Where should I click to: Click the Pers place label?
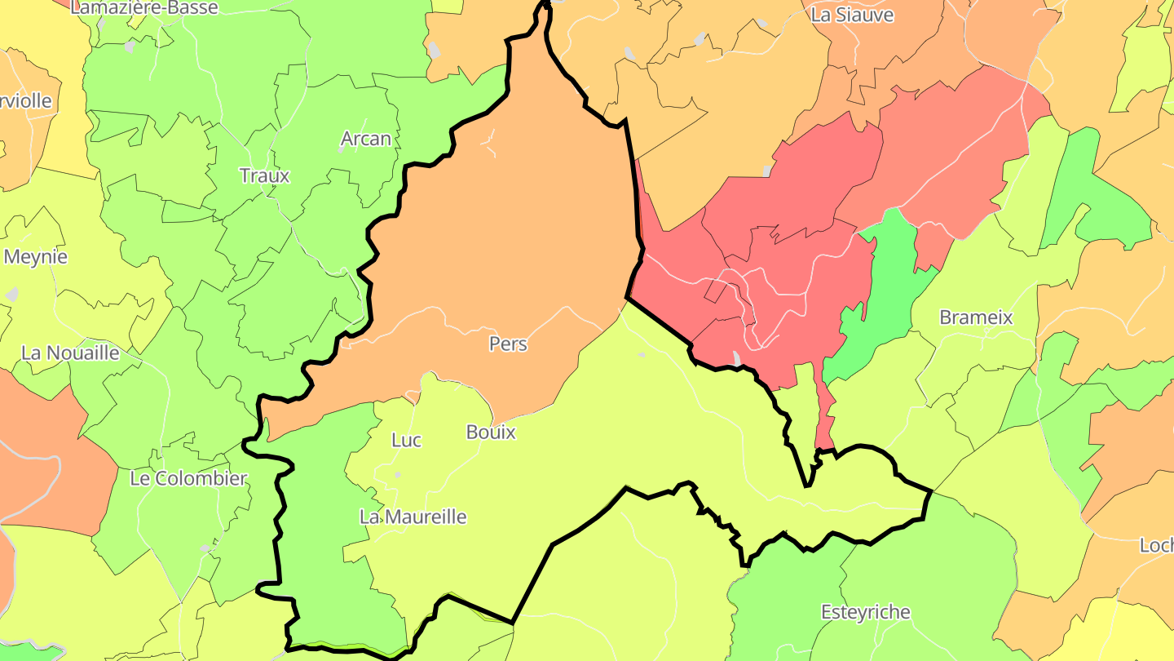tap(508, 344)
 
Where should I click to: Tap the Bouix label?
tap(491, 433)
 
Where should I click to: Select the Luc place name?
tap(406, 441)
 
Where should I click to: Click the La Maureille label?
tap(413, 517)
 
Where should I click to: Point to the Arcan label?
tap(366, 139)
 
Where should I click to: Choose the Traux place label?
tap(264, 175)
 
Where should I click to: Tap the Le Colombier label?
tap(188, 478)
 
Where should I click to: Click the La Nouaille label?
tap(70, 353)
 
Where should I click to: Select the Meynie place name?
tap(36, 257)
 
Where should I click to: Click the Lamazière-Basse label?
tap(144, 8)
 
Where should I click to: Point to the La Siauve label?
tap(853, 16)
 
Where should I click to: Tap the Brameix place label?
tap(976, 317)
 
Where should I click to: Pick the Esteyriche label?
tap(865, 612)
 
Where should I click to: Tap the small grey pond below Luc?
tap(398, 474)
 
